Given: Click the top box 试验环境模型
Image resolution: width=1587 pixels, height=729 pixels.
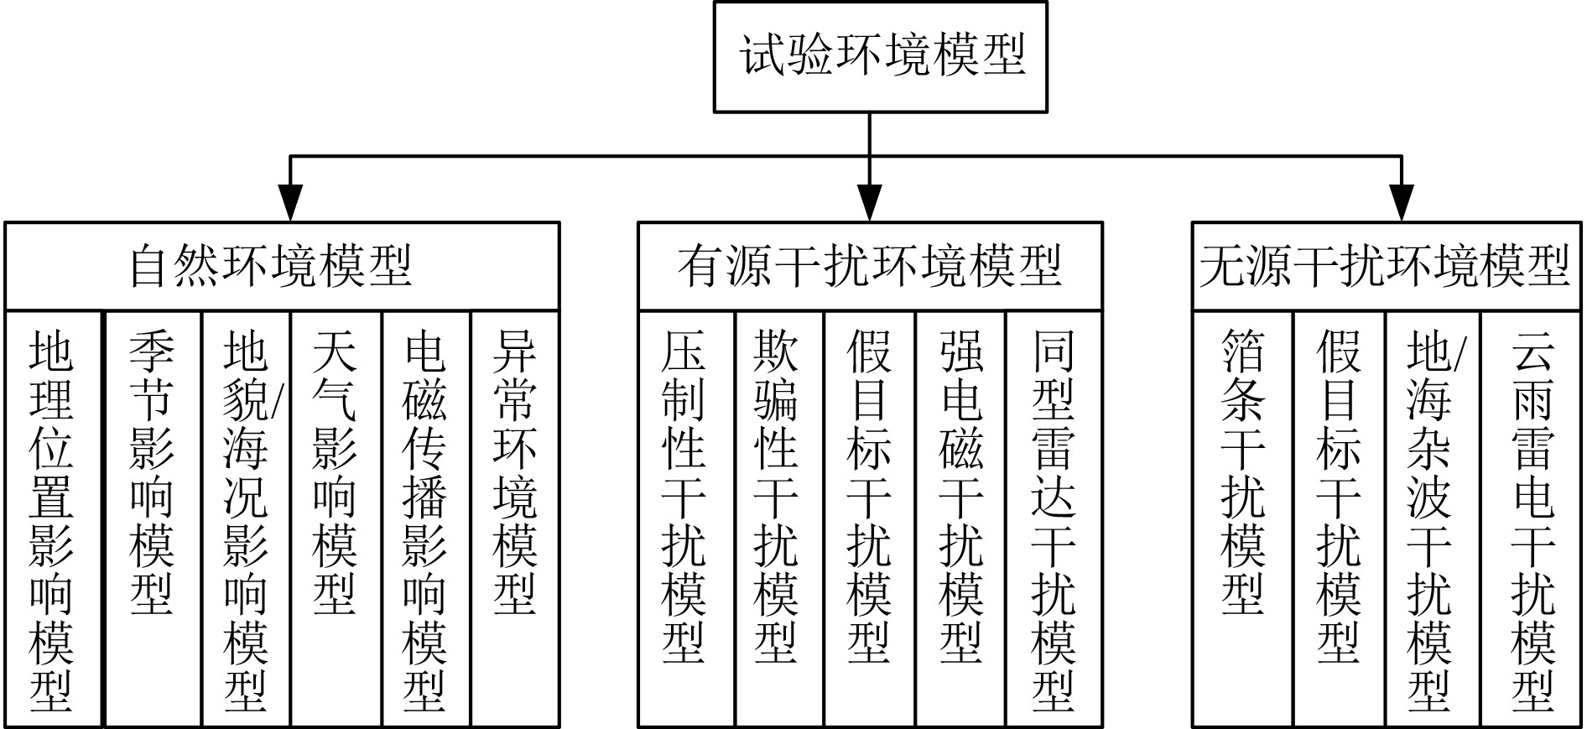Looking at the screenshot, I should (x=880, y=57).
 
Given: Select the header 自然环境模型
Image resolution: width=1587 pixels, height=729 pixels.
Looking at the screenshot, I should (x=282, y=267).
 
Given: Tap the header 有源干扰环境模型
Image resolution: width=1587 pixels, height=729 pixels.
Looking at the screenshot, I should (x=870, y=267).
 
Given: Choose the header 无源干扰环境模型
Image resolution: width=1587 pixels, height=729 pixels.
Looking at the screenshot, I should (x=1386, y=267).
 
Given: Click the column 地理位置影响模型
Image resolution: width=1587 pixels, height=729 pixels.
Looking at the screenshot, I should (x=53, y=518).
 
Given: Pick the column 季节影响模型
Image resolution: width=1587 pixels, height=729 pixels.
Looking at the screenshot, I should (x=152, y=518).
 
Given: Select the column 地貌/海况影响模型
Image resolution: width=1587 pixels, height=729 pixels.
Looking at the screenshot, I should (x=246, y=518).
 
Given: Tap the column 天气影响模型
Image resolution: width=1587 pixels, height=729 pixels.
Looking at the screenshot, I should (x=336, y=518).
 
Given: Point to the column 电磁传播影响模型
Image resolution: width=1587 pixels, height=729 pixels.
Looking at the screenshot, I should (x=425, y=518).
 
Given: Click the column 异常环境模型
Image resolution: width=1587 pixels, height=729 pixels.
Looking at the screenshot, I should (x=515, y=518).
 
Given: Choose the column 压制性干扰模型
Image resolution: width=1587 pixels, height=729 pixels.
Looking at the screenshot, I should (x=685, y=518).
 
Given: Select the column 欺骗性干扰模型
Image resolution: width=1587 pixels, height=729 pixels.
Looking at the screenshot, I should (x=778, y=518).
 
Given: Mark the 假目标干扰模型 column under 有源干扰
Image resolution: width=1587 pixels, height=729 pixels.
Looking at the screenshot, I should (x=870, y=518).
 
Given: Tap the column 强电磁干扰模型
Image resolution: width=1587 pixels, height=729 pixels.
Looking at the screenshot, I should (x=961, y=518).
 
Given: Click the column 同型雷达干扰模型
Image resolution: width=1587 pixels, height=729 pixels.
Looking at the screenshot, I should (x=1054, y=518).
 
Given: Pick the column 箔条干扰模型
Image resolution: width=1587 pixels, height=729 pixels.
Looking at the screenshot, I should (x=1242, y=518).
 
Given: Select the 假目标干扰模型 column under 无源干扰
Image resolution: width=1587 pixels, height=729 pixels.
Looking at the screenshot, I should (x=1338, y=518).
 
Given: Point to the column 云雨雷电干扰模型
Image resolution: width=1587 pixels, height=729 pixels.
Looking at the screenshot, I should (x=1532, y=518).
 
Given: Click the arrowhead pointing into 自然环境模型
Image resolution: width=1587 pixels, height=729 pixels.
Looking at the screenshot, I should (x=290, y=204).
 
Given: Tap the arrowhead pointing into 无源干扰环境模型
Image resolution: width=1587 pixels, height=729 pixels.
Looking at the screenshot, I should (x=1402, y=204).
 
